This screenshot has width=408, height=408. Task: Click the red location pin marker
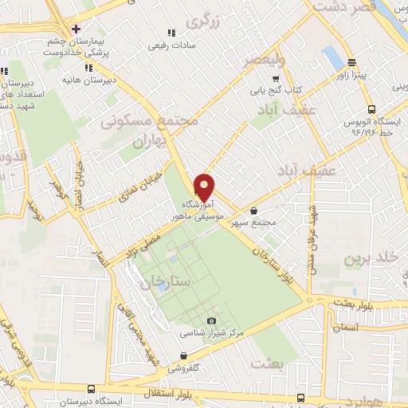pos(205,186)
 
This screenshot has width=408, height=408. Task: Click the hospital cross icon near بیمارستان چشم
pos(76,29)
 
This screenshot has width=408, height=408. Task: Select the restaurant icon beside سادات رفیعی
pos(170,33)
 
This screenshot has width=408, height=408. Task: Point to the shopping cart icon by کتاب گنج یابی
pos(276,79)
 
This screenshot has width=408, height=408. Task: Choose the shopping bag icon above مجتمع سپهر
pos(253,210)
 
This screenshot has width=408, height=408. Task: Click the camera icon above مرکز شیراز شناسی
pos(211,320)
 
